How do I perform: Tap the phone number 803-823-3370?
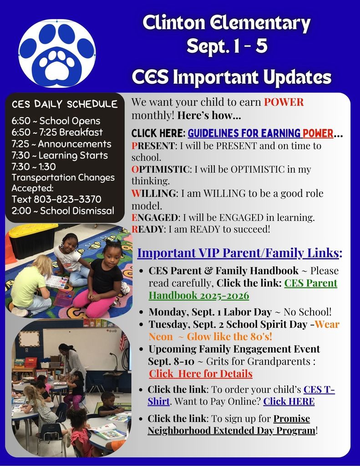click(x=67, y=199)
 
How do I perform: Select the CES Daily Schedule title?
click(x=65, y=104)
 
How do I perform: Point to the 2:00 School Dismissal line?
click(x=63, y=211)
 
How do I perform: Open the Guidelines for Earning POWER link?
click(x=260, y=133)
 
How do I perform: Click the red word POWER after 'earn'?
click(x=284, y=102)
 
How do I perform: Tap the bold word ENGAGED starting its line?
click(x=155, y=218)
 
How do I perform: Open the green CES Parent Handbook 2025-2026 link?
click(x=243, y=289)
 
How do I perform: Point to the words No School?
click(x=307, y=312)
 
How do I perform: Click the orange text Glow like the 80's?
click(x=229, y=336)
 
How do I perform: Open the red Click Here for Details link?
click(x=201, y=374)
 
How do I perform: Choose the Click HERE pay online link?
click(x=289, y=401)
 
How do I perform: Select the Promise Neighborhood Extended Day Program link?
click(x=232, y=425)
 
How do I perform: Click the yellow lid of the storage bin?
click(x=33, y=230)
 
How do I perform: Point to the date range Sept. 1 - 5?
click(x=227, y=46)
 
